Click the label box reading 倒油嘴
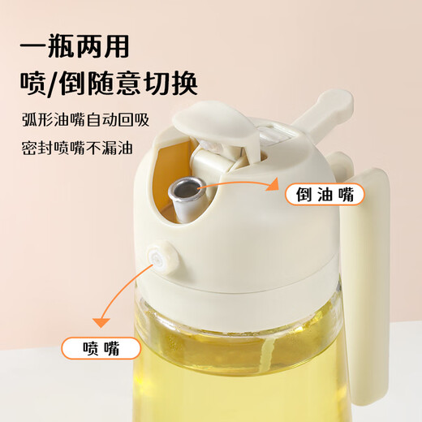click(x=323, y=195)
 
